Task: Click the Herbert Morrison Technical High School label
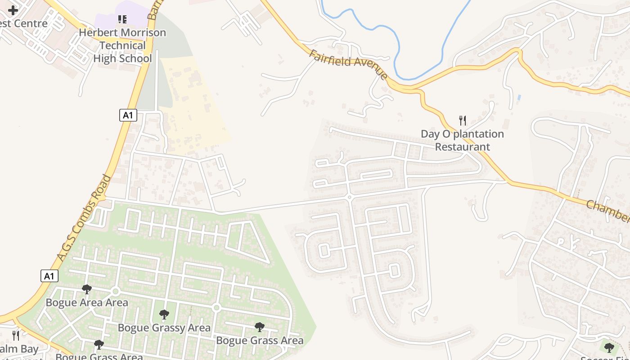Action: click(x=122, y=45)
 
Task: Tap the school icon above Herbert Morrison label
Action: click(x=122, y=19)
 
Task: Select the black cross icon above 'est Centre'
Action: click(x=13, y=10)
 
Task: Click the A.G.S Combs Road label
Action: click(x=84, y=219)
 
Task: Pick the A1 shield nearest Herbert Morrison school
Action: click(x=128, y=115)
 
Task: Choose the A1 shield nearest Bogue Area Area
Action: click(x=49, y=275)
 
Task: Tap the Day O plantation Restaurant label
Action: click(x=462, y=140)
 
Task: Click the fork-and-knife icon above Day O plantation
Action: click(x=462, y=120)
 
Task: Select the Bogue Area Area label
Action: click(x=87, y=302)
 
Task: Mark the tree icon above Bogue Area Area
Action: click(x=87, y=289)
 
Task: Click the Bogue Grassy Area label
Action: click(x=164, y=328)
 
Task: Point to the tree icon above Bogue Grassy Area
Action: click(x=164, y=315)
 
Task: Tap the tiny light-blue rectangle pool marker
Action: click(x=520, y=97)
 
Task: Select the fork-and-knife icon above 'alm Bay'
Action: click(x=16, y=335)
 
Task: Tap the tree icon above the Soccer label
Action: click(x=609, y=347)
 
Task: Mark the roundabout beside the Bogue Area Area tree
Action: click(x=115, y=292)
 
